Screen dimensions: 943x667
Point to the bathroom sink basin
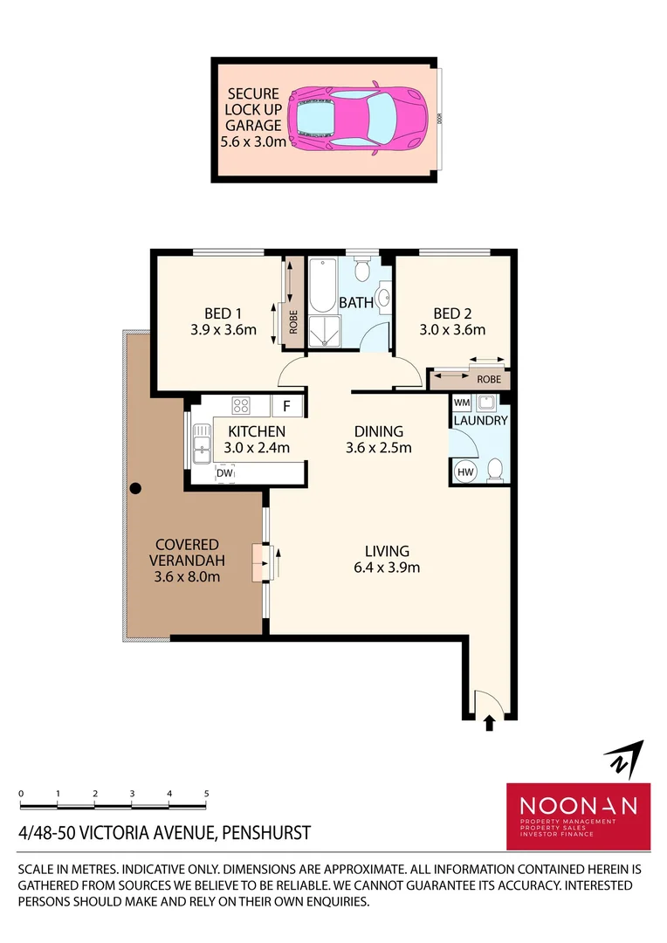pyautogui.click(x=383, y=294)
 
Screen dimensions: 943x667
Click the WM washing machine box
pyautogui.click(x=461, y=403)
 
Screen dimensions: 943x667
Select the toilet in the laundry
pyautogui.click(x=494, y=470)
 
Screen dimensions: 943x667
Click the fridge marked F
pyautogui.click(x=286, y=406)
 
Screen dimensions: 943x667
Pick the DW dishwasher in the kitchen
pyautogui.click(x=224, y=473)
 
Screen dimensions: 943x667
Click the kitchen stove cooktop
pyautogui.click(x=242, y=406)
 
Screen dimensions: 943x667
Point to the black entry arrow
pyautogui.click(x=489, y=722)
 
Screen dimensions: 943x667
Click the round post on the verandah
pyautogui.click(x=135, y=488)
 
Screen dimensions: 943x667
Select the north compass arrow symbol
pyautogui.click(x=625, y=759)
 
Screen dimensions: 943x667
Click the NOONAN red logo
pyautogui.click(x=579, y=816)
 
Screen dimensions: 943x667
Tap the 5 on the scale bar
pyautogui.click(x=206, y=794)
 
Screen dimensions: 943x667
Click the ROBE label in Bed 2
pyautogui.click(x=489, y=380)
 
